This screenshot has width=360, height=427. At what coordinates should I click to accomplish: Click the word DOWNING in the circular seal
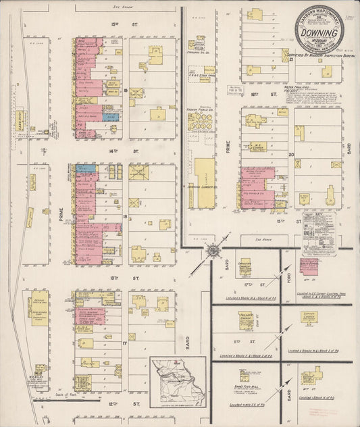click(x=319, y=32)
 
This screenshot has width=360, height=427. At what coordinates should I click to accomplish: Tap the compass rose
click(x=213, y=251)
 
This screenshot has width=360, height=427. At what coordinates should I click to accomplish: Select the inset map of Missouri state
click(x=178, y=379)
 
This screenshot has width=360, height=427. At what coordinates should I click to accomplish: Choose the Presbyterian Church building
click(x=245, y=319)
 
